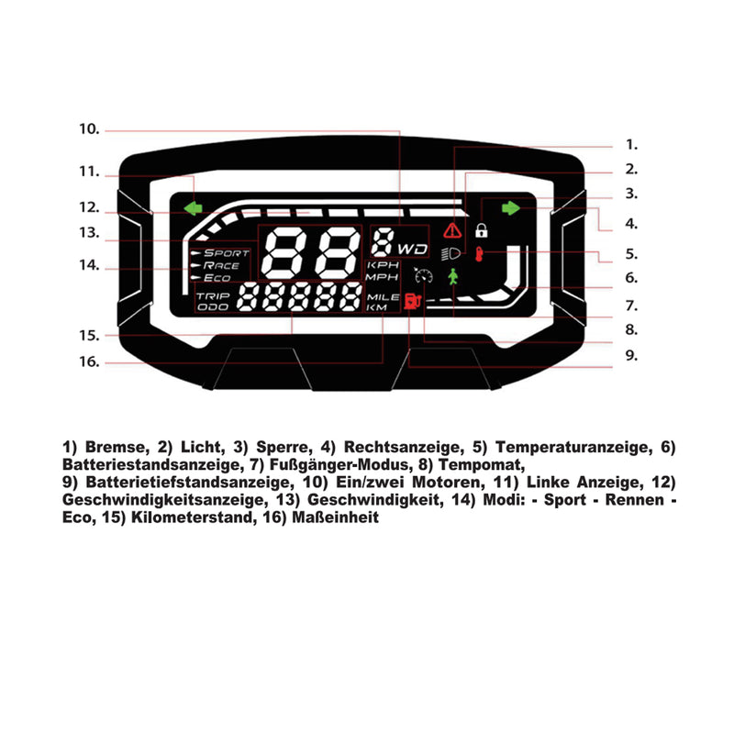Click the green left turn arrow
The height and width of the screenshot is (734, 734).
[193, 208]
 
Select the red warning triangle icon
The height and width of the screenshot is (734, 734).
[452, 230]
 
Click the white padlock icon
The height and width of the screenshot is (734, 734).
[482, 229]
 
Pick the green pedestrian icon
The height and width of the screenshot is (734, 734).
[452, 277]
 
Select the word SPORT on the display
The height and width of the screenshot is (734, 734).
[226, 252]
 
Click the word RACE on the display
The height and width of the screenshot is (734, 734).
[221, 265]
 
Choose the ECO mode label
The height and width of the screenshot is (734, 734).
[217, 278]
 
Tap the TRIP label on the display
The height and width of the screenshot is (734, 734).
[212, 296]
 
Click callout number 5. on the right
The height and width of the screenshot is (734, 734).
[631, 254]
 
